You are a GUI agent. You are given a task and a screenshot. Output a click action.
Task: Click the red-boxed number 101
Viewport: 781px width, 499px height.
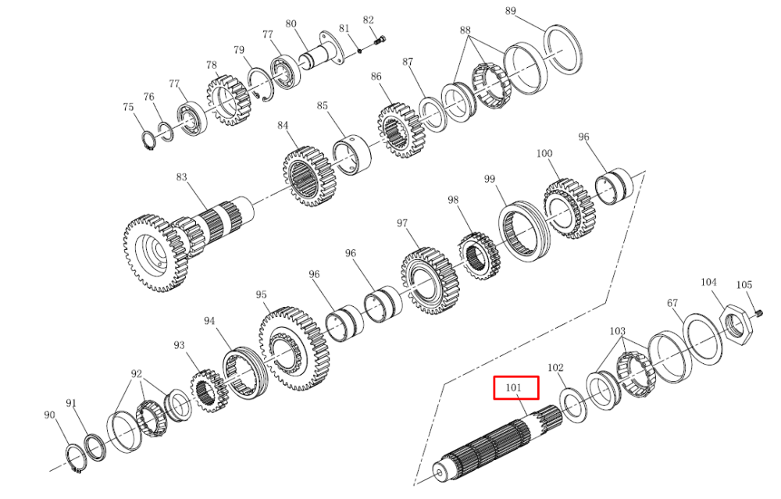pos(514,387)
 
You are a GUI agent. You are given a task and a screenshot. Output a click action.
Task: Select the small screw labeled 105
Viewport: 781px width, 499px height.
pos(759,312)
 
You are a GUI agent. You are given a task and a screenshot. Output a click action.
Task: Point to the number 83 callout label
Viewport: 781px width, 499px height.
pos(181,177)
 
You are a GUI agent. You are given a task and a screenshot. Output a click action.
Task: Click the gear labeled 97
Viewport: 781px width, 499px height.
pos(430,281)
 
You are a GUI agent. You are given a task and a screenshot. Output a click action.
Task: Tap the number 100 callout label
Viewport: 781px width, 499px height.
pos(544,153)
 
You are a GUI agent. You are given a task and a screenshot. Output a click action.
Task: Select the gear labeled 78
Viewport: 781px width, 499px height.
pos(228,101)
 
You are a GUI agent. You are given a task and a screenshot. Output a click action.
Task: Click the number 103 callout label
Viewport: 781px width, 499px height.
pos(618,331)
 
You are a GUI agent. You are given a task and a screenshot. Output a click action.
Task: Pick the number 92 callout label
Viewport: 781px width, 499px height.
pos(137,374)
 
